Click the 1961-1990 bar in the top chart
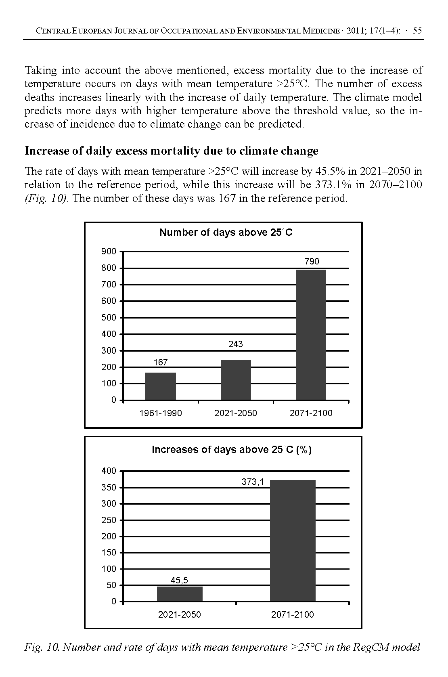point(161,386)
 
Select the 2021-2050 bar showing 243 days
point(236,380)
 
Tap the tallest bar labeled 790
point(311,335)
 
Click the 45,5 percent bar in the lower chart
point(180,594)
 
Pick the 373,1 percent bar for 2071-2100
point(293,541)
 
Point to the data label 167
point(161,363)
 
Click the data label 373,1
point(253,482)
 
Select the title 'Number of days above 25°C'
point(226,233)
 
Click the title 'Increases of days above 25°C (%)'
point(231,450)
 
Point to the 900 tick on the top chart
point(109,252)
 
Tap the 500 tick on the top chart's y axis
point(109,318)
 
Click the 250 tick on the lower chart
point(109,520)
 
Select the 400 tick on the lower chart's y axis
point(109,471)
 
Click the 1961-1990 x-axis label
point(161,413)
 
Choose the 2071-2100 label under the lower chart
point(293,615)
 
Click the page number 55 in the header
point(417,31)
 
